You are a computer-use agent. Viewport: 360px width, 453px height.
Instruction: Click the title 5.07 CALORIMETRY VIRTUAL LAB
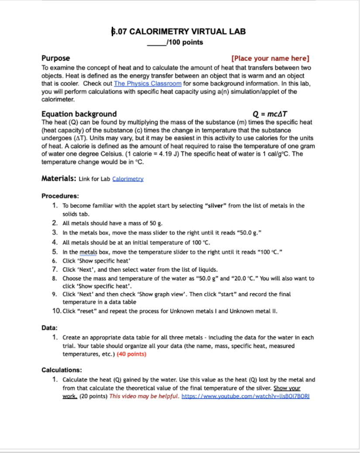pos(178,31)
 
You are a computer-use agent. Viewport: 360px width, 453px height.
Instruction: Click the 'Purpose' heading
pos(55,58)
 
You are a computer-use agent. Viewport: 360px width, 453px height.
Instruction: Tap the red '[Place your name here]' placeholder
pos(270,58)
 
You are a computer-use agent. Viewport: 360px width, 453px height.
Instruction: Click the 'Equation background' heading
pos(79,114)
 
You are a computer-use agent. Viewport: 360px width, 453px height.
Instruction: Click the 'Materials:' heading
pos(59,178)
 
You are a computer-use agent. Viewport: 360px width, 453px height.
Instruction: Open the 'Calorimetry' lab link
pos(128,179)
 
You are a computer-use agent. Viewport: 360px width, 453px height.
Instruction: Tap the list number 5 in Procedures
pos(55,252)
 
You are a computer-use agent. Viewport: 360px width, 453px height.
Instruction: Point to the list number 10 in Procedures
pos(56,311)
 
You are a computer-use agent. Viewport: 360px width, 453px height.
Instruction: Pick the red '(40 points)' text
pos(132,354)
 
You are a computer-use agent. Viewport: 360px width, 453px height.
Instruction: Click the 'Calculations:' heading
pos(62,370)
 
